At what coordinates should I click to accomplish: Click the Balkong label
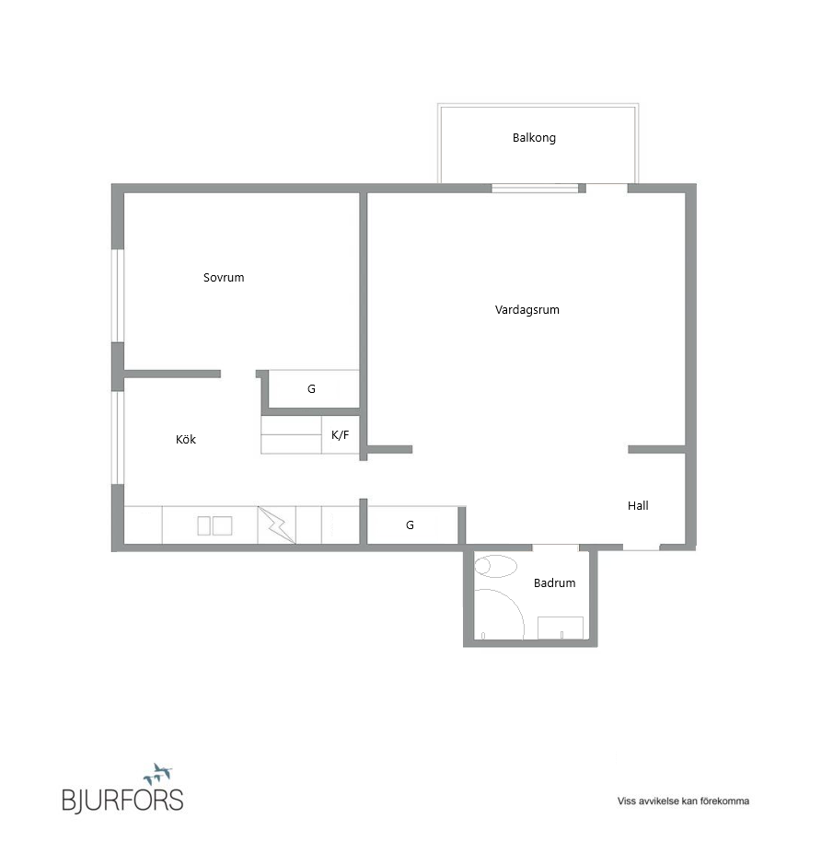534,138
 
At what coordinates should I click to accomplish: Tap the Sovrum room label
224,278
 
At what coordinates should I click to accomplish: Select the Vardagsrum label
526,310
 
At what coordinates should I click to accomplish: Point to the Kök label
186,439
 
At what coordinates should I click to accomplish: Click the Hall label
638,505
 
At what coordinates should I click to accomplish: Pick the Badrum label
554,583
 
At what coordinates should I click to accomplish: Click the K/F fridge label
340,434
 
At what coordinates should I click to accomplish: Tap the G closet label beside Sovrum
311,389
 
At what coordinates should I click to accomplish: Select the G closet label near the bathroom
410,525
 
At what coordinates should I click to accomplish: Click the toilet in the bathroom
495,566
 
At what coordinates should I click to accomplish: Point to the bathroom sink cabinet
561,628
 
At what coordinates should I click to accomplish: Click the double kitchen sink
214,526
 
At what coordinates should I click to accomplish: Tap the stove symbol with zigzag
276,525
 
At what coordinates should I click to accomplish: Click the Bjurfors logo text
122,801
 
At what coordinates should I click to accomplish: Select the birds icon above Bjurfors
157,774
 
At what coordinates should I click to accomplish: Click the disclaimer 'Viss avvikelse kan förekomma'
683,801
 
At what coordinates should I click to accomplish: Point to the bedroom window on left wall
118,295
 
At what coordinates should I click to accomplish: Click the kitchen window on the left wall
118,437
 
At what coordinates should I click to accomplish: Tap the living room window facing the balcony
535,189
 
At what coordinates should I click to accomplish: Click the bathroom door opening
556,547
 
